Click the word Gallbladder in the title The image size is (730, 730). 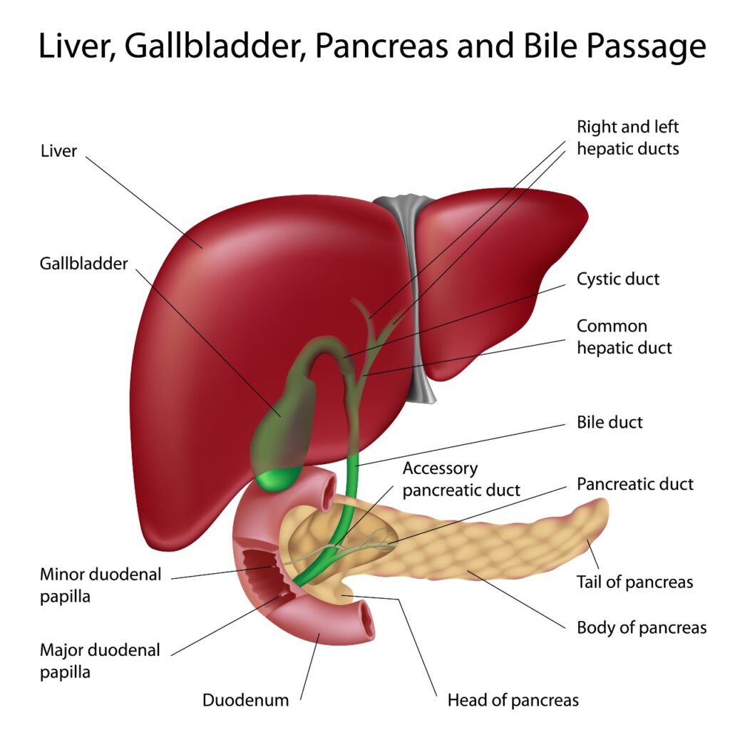[202, 47]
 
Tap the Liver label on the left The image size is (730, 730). [58, 151]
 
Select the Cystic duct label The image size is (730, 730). [617, 279]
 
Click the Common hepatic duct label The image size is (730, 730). [624, 337]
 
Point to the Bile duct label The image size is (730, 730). [610, 422]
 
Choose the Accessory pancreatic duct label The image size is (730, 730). [461, 480]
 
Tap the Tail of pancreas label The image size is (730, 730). [634, 582]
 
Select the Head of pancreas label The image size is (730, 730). [513, 700]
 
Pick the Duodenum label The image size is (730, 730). [246, 700]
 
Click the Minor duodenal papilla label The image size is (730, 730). [101, 585]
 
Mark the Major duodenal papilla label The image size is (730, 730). [100, 660]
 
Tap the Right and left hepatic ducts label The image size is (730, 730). [627, 138]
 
